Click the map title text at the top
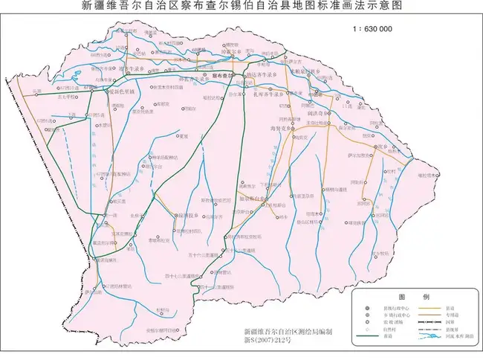pyautogui.click(x=241, y=6)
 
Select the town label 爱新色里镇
pyautogui.click(x=119, y=91)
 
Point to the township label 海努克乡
pyautogui.click(x=283, y=129)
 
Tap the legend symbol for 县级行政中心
pyautogui.click(x=367, y=307)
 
